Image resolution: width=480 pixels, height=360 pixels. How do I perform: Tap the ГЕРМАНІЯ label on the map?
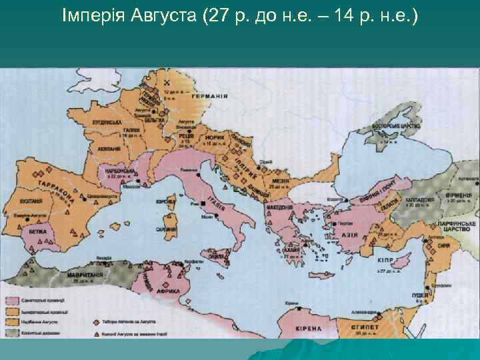coord(211,96)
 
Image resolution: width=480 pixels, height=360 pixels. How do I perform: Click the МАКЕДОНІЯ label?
coord(281,207)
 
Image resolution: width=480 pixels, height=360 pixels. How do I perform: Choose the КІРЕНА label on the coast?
coord(293,328)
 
